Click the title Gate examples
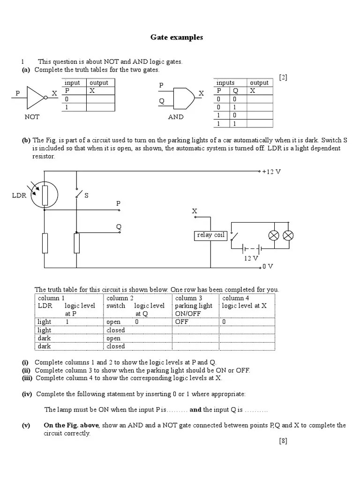point(177,37)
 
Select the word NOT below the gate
point(32,117)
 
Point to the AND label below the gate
point(176,117)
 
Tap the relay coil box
point(210,235)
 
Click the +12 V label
point(271,172)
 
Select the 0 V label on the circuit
point(268,266)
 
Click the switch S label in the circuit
point(86,195)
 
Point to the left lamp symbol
point(273,235)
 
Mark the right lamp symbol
point(288,235)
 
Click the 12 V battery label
point(251,258)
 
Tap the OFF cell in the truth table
point(181,322)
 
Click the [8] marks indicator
point(283,441)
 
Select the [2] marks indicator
point(283,77)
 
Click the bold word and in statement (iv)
point(195,409)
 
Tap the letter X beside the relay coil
point(194,212)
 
